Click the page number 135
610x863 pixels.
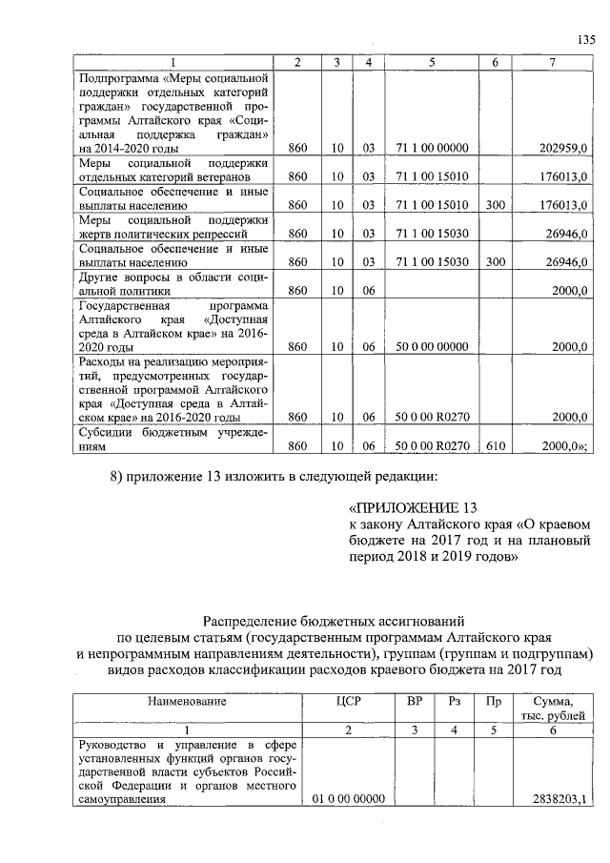coord(586,39)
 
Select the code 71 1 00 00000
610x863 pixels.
coord(433,149)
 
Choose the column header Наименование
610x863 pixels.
coord(187,702)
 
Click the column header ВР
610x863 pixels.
coord(414,702)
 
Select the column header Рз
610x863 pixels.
coord(454,702)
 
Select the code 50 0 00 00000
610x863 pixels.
coord(433,347)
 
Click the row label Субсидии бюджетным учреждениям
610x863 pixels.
coord(172,439)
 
